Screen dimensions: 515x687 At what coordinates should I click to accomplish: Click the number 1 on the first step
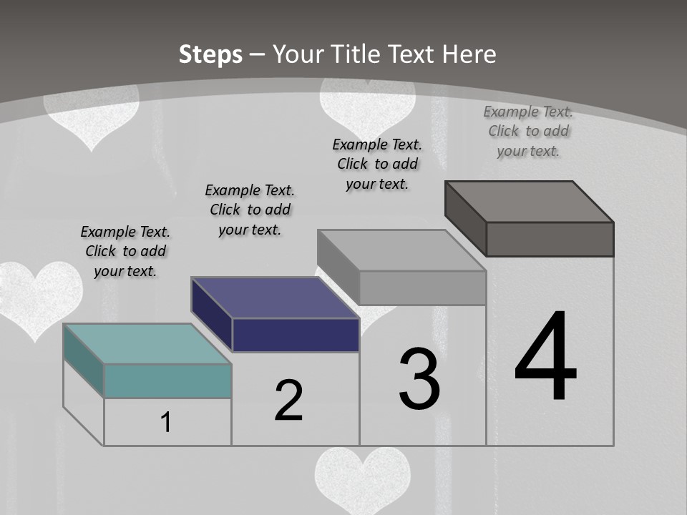[x=166, y=423]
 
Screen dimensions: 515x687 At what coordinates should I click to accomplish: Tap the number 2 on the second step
[x=288, y=400]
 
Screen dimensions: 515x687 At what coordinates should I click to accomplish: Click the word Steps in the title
[x=210, y=54]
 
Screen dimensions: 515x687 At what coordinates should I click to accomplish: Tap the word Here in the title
[x=469, y=54]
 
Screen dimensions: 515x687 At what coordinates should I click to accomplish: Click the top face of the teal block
[x=147, y=344]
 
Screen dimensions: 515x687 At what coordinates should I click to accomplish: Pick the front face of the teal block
[x=167, y=381]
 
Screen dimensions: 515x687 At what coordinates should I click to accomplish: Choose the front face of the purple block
[x=296, y=335]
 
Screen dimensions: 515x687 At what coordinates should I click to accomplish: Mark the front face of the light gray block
[x=422, y=288]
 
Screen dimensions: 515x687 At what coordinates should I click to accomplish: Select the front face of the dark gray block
[x=550, y=239]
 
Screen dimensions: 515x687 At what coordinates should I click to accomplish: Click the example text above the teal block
[x=125, y=251]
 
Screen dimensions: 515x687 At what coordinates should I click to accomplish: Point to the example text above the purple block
[x=250, y=210]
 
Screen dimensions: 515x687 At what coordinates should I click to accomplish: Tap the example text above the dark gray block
[x=528, y=131]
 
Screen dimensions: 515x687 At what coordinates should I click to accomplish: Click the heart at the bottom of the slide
[x=363, y=478]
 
